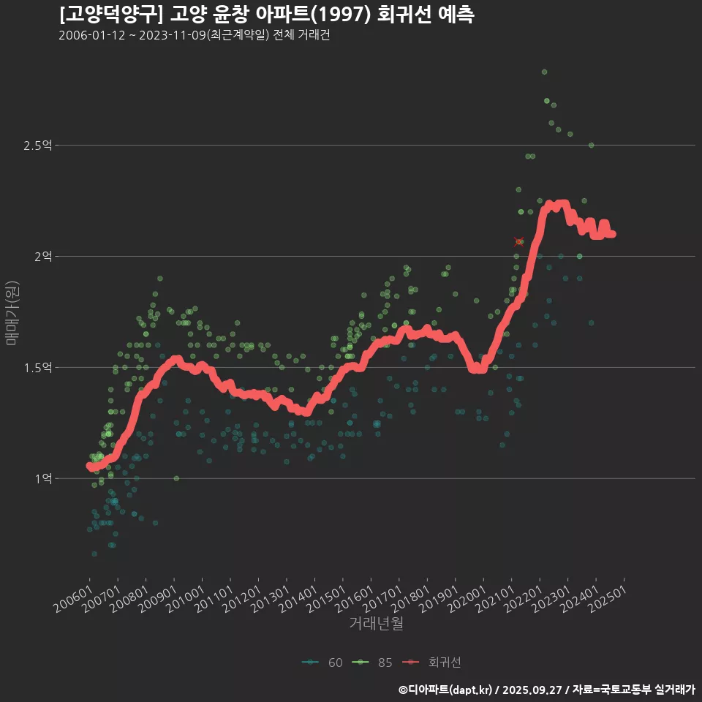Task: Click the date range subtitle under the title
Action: coord(194,36)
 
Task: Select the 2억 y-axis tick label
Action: coord(42,257)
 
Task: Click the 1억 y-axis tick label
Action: coord(42,479)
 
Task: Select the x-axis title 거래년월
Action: coord(376,624)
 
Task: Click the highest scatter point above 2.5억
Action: coord(544,72)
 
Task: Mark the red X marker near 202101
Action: coord(518,241)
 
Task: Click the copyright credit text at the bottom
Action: coord(547,690)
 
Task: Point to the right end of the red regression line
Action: coord(612,234)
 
